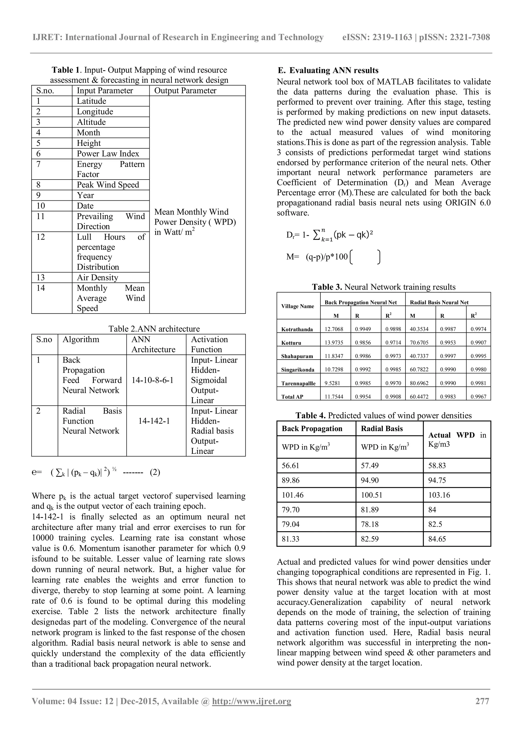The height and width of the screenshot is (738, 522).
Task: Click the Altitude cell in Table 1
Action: coord(91,122)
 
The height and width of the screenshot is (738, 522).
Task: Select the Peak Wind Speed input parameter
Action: coord(108,185)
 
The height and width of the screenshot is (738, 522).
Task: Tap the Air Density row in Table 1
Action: coord(97,278)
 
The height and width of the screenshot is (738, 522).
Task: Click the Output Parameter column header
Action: coord(185,91)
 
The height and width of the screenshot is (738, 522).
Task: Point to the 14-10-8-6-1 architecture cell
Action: coord(153,380)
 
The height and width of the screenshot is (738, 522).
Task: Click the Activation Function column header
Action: coord(209,345)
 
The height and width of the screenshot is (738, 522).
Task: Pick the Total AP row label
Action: coord(292,397)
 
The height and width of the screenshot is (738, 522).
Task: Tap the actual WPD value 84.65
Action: coord(437,539)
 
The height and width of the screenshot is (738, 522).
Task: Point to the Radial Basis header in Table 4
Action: coord(382,429)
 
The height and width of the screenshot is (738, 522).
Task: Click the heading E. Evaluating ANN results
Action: coord(328,70)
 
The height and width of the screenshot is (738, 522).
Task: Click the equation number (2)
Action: coord(155,472)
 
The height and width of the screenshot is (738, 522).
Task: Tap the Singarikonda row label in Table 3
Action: coord(297,370)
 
